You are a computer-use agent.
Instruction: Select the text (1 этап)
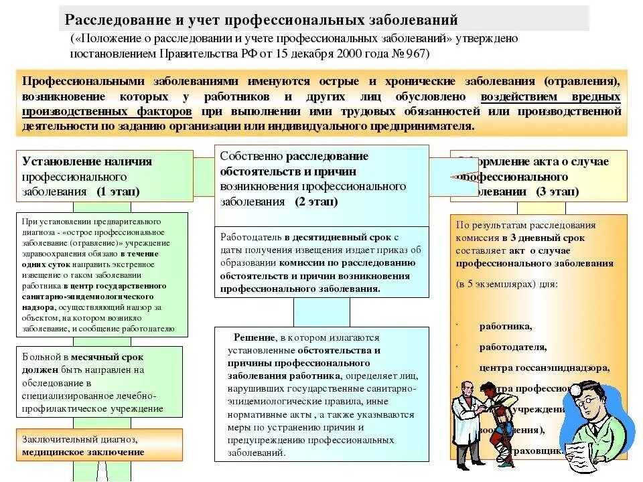[x=118, y=191]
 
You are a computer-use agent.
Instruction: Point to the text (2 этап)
[x=315, y=201]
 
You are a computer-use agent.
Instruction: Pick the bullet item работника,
[x=506, y=327]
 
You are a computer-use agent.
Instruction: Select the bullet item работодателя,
[x=513, y=347]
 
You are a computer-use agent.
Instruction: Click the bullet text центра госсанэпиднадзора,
[x=544, y=368]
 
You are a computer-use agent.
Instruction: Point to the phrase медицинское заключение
[x=83, y=451]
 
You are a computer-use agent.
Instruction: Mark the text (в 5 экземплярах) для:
[x=507, y=284]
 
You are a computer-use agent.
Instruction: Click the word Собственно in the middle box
[x=252, y=156]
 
